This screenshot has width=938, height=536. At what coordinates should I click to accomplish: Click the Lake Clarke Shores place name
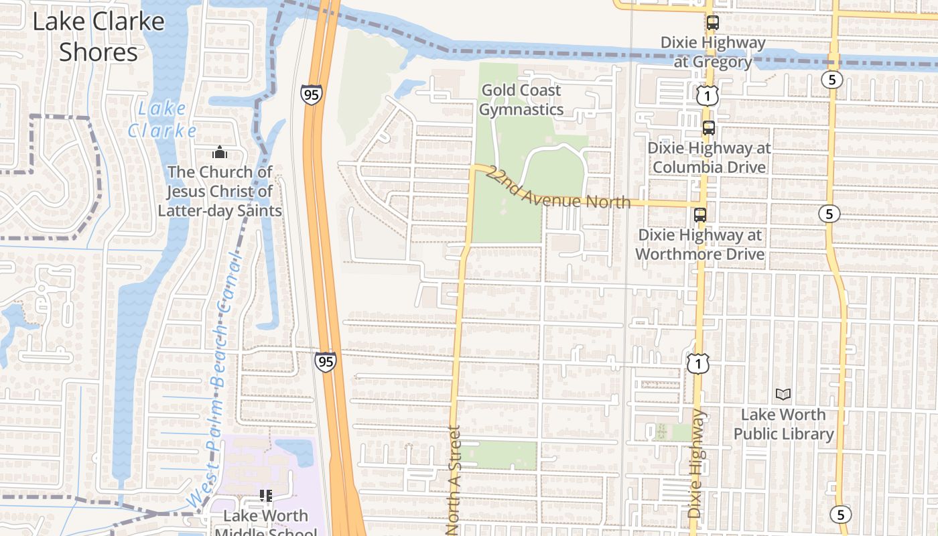click(x=98, y=37)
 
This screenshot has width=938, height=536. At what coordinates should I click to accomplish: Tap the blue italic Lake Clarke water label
click(x=162, y=119)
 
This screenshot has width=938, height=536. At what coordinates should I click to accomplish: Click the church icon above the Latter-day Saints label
click(x=219, y=153)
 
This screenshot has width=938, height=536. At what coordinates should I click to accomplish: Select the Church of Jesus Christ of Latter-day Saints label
click(x=220, y=192)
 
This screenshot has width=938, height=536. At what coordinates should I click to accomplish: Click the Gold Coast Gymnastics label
click(x=521, y=100)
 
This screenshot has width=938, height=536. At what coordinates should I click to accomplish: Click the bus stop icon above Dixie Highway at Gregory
click(x=712, y=23)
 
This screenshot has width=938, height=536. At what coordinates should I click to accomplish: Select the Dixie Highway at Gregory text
click(x=712, y=52)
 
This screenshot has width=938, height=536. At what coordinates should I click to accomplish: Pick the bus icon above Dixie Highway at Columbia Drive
click(x=709, y=128)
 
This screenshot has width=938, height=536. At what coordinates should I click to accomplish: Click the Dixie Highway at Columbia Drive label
click(x=709, y=157)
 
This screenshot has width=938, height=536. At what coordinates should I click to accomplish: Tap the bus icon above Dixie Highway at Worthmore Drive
click(x=699, y=215)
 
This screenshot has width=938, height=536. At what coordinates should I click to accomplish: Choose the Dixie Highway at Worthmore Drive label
click(x=699, y=245)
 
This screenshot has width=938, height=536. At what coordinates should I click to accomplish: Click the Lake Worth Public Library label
click(x=783, y=424)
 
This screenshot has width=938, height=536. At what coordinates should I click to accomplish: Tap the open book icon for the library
click(x=783, y=395)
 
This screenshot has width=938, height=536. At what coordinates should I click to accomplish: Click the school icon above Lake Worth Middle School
click(x=266, y=496)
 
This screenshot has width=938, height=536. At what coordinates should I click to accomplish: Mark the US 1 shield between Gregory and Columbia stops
click(x=707, y=96)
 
